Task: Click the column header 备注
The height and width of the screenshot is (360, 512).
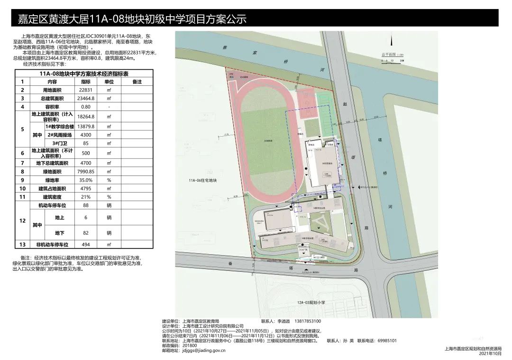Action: click(137, 82)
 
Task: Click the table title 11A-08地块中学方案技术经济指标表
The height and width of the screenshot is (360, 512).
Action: click(84, 74)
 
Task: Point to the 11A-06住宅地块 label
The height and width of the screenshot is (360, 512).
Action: click(202, 181)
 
